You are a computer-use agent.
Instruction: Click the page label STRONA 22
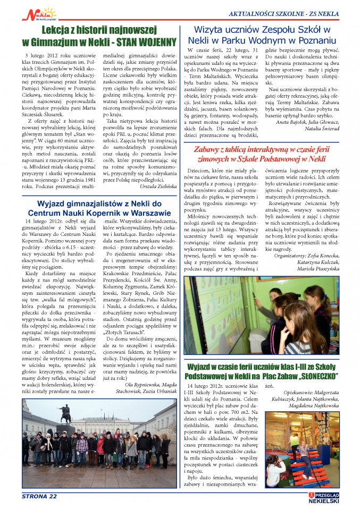point(39,497)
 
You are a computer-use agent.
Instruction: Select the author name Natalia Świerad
point(318,129)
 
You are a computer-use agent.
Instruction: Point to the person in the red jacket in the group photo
point(100,445)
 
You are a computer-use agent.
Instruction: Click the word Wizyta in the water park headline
point(213,29)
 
